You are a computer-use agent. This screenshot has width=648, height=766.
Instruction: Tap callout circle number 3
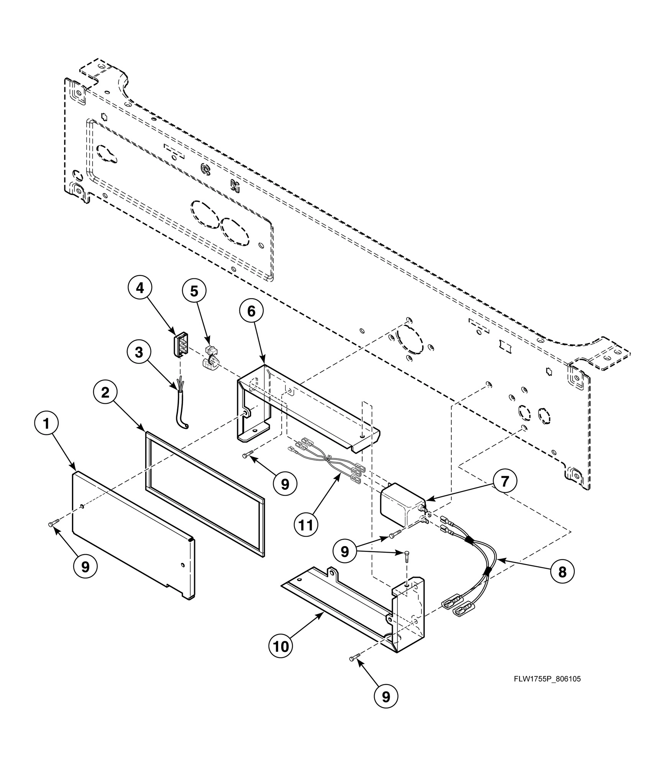(139, 352)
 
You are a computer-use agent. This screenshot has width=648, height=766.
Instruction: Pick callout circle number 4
(140, 288)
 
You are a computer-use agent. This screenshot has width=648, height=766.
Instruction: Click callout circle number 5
(194, 291)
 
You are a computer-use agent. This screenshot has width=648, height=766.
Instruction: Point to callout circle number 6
(251, 311)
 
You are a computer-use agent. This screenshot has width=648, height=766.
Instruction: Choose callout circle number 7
(505, 482)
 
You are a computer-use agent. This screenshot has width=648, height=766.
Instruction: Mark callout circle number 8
(562, 572)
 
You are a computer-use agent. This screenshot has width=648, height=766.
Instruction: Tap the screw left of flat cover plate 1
(54, 524)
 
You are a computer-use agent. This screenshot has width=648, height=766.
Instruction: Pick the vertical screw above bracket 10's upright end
(407, 555)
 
